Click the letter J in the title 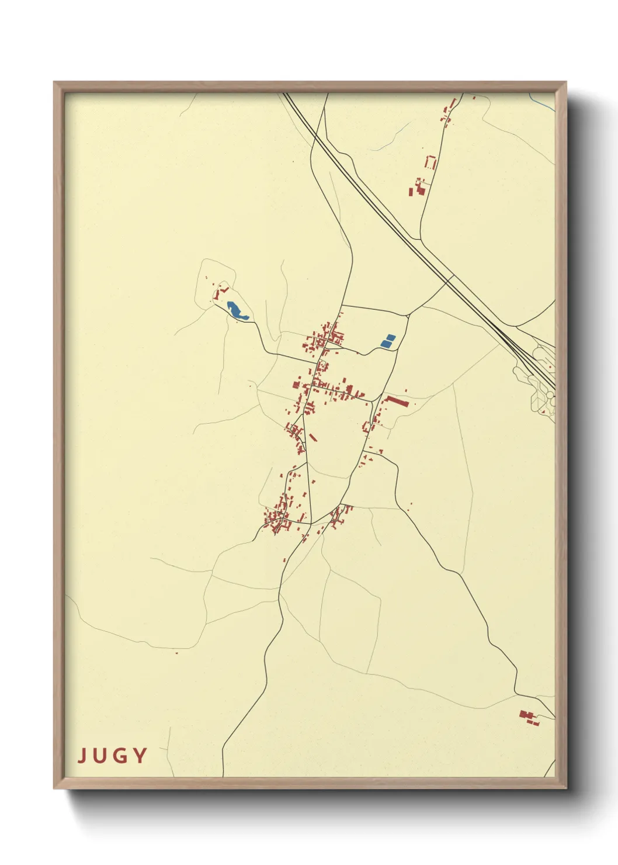click(82, 756)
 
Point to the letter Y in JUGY click(139, 756)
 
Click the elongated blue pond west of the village click(237, 310)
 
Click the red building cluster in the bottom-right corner click(528, 717)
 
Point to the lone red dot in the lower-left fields click(176, 653)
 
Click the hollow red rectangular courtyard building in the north click(431, 162)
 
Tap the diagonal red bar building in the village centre click(313, 437)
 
